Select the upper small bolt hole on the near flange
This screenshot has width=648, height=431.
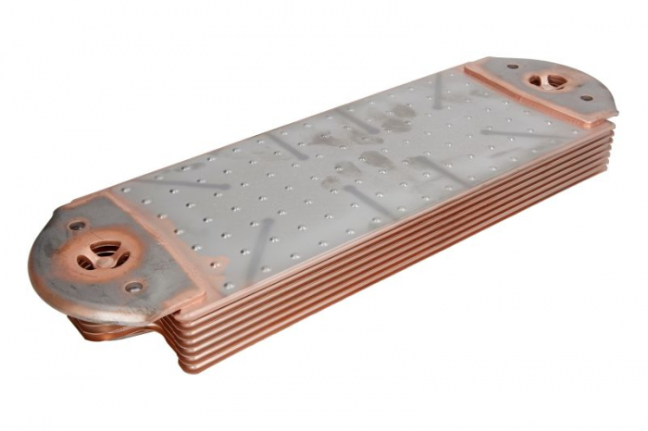(76, 225)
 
